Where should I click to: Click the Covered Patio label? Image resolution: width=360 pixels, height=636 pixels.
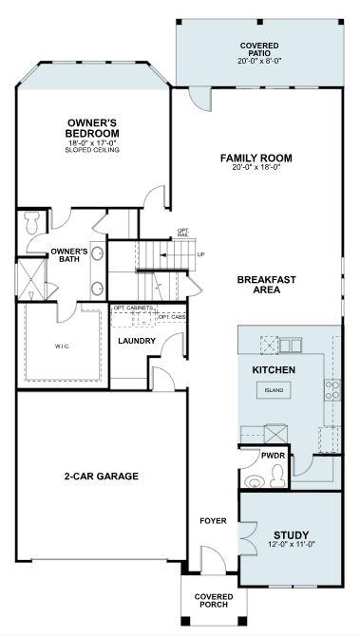[259, 51]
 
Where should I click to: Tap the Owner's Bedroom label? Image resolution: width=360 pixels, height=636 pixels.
[91, 127]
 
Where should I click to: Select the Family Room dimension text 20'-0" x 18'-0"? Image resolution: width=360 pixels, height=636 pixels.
[255, 169]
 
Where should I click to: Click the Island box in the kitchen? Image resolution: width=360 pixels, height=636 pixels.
[274, 390]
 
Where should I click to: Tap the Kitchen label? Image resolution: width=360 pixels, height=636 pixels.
[274, 369]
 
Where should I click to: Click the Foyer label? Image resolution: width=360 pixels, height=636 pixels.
[212, 521]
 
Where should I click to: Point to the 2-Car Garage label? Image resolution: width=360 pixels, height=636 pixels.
[102, 477]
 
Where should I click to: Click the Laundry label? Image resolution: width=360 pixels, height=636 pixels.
[136, 340]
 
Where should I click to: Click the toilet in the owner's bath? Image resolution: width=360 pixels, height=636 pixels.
[31, 223]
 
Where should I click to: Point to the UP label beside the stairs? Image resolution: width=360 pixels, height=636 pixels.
[200, 254]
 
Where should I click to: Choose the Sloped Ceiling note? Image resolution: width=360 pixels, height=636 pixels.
[91, 150]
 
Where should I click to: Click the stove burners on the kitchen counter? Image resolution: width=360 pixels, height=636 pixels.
[332, 388]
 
